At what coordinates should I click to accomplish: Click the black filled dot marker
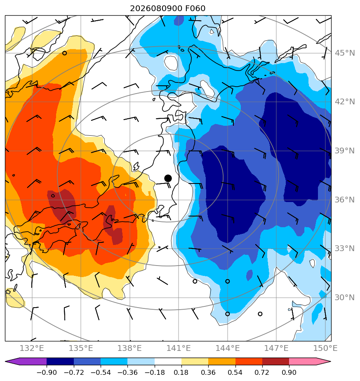click(x=168, y=179)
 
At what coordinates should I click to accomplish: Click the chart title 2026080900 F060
click(x=168, y=9)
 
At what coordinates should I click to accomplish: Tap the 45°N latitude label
click(x=345, y=53)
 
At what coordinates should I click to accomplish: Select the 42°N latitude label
click(x=345, y=101)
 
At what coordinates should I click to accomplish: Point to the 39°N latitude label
click(x=345, y=151)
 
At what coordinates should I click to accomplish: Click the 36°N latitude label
click(x=345, y=200)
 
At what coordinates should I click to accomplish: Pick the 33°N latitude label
click(x=345, y=248)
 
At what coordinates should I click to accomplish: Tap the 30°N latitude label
click(x=345, y=297)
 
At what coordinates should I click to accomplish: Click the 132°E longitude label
click(x=32, y=348)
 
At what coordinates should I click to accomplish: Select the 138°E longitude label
click(x=129, y=348)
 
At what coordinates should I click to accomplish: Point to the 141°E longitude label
click(x=179, y=348)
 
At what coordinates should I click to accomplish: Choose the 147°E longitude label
click(x=276, y=348)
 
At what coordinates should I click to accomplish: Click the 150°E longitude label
click(x=325, y=348)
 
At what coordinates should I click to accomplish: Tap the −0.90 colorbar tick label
click(x=47, y=372)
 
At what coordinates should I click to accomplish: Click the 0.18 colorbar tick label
click(x=181, y=372)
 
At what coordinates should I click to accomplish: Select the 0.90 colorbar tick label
click(x=289, y=372)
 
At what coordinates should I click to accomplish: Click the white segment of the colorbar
click(x=168, y=361)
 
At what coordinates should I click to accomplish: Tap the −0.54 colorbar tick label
click(x=100, y=372)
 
